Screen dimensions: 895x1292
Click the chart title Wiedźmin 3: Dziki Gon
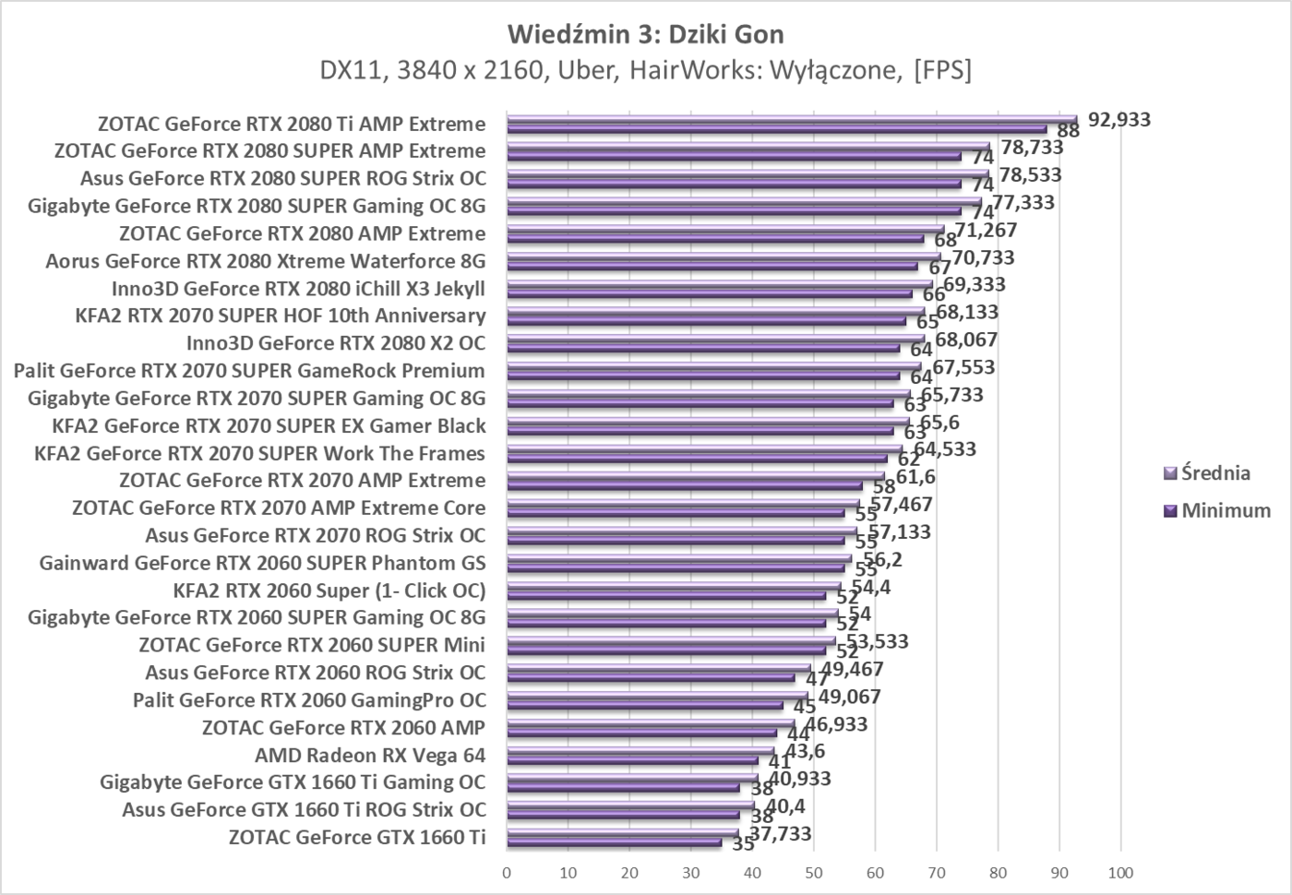click(x=645, y=34)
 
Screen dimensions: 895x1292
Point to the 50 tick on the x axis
click(x=813, y=873)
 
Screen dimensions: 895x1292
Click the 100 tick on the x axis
click(x=1120, y=873)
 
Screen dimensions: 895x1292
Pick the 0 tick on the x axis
click(x=507, y=873)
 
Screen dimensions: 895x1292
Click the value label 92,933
click(x=1119, y=119)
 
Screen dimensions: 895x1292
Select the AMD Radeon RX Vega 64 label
click(x=369, y=755)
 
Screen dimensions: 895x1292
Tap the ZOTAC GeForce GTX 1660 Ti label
click(x=356, y=837)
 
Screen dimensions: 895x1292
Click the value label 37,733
click(x=780, y=834)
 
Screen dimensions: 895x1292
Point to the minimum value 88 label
click(x=1068, y=131)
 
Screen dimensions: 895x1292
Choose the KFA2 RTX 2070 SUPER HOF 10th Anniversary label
click(x=280, y=316)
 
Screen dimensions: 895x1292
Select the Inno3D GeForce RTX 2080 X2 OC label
click(x=335, y=343)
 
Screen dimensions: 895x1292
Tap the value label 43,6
click(x=805, y=751)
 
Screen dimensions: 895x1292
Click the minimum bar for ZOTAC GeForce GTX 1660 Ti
click(x=614, y=842)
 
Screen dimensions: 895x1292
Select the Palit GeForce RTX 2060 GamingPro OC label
click(x=309, y=699)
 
